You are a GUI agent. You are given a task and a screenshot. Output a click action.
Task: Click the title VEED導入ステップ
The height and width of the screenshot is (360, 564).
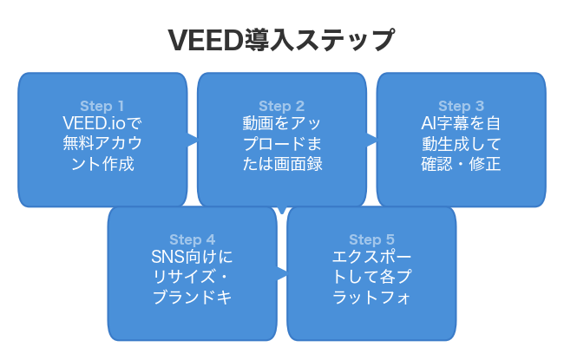coord(281,39)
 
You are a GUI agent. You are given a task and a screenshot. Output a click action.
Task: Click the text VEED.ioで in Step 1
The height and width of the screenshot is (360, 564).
coord(102,124)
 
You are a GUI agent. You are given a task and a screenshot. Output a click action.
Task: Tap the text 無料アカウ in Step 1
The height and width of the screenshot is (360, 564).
coord(102,143)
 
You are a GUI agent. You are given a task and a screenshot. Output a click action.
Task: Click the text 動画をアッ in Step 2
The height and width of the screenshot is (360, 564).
coord(281,124)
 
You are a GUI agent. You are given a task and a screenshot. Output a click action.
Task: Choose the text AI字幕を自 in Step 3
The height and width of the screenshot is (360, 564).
coord(461,124)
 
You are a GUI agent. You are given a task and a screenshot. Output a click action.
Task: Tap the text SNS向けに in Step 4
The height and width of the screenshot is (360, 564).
coord(192,258)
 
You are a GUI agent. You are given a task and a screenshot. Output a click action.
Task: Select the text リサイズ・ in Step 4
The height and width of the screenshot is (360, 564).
coord(192,277)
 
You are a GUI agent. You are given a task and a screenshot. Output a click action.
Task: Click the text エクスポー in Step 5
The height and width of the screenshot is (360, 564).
coord(371,258)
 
